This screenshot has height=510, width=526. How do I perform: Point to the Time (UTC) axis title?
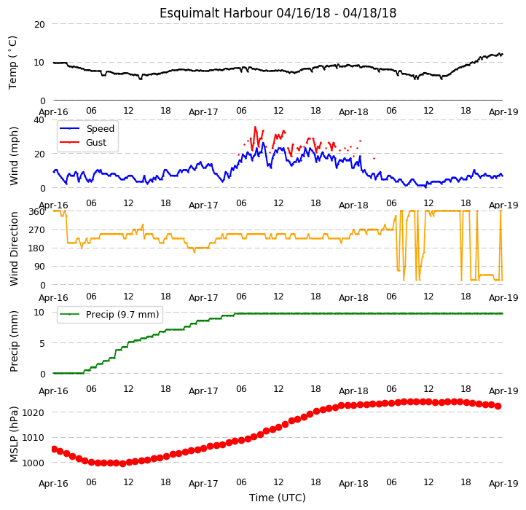278,498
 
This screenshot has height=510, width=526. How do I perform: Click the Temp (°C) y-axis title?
12,63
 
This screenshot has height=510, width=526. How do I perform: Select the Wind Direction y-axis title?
14,248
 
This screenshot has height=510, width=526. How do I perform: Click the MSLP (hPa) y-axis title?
14,434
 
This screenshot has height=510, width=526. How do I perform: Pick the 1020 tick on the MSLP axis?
34,412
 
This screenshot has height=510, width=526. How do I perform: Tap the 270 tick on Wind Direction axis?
38,230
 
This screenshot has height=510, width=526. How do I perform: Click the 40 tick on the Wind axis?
39,120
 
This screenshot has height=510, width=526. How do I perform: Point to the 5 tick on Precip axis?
42,343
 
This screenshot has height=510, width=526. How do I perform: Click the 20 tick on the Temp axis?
39,25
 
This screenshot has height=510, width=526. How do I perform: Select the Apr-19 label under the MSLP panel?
503,484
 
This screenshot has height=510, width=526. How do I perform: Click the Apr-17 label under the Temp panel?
203,111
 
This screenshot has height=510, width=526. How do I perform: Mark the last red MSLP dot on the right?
498,407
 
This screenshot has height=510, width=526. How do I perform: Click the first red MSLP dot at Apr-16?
55,449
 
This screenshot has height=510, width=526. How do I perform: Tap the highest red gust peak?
255,127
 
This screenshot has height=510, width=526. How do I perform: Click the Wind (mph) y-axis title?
14,156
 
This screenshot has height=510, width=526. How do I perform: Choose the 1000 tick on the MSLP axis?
34,463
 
